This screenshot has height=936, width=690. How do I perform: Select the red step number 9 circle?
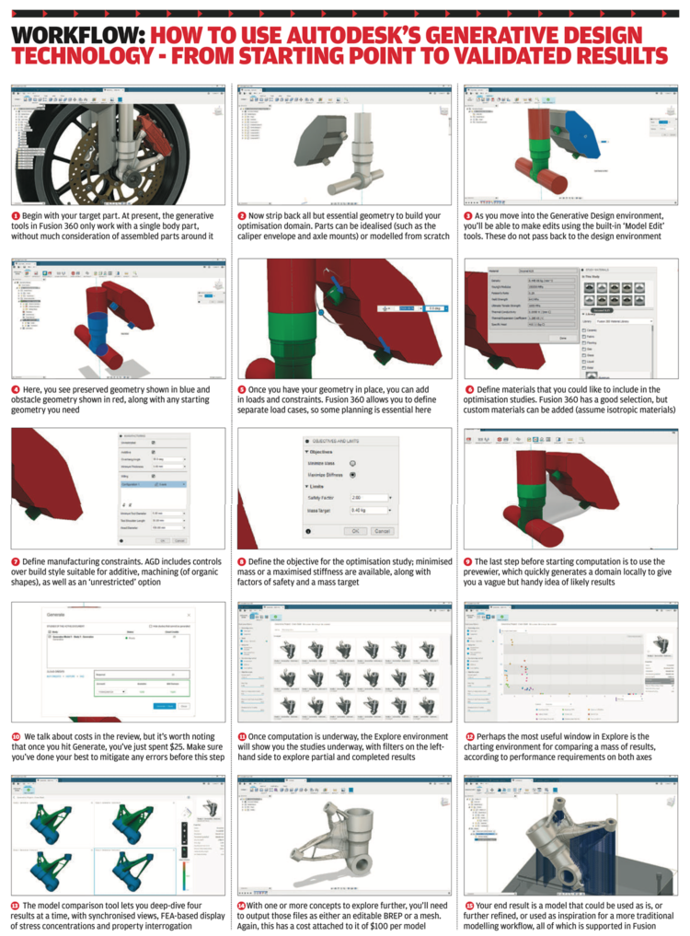pos(467,561)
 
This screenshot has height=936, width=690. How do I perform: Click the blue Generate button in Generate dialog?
pos(164,706)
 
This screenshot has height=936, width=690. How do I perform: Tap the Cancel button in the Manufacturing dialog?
pos(179,540)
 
